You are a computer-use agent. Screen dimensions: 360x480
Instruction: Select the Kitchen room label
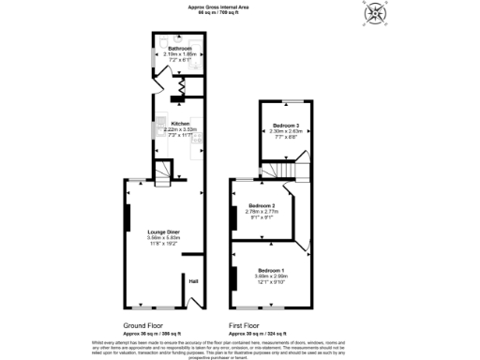click(x=180, y=123)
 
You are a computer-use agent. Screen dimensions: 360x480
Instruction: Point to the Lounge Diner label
click(x=163, y=231)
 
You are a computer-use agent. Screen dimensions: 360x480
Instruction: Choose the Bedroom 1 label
click(x=270, y=270)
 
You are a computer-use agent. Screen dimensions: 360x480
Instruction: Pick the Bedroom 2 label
click(x=261, y=206)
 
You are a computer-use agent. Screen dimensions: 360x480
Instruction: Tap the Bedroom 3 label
click(x=286, y=126)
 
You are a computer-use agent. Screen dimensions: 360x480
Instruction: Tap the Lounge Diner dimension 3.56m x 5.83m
click(x=163, y=237)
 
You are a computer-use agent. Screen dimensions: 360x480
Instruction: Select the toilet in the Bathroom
click(x=162, y=43)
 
